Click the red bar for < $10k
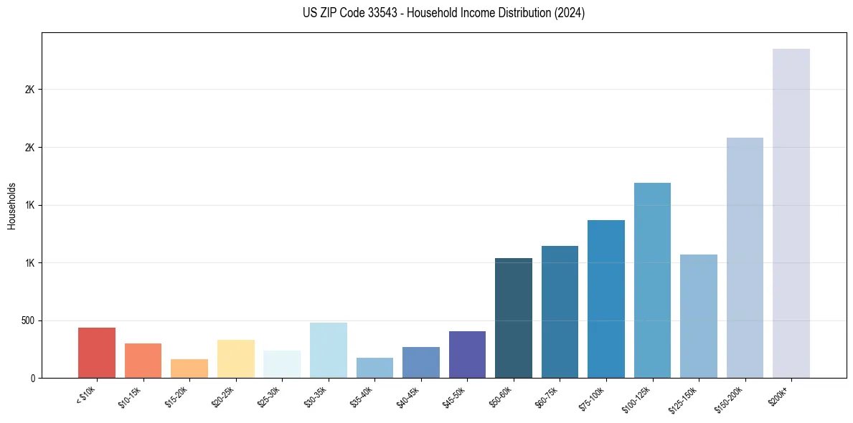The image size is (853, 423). [97, 353]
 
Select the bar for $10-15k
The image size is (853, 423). [143, 361]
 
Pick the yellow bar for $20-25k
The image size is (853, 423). [236, 358]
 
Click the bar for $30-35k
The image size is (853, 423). [329, 350]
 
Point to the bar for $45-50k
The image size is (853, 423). [467, 354]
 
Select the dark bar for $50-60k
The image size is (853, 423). [514, 318]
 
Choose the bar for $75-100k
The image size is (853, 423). [606, 299]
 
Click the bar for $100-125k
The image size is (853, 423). [652, 280]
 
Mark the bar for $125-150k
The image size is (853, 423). [699, 316]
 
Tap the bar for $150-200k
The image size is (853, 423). [745, 257]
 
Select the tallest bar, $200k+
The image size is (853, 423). [791, 213]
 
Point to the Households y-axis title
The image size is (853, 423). [12, 206]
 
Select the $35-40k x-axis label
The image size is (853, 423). [364, 396]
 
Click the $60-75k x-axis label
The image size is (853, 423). [550, 396]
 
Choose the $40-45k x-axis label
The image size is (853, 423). [410, 396]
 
